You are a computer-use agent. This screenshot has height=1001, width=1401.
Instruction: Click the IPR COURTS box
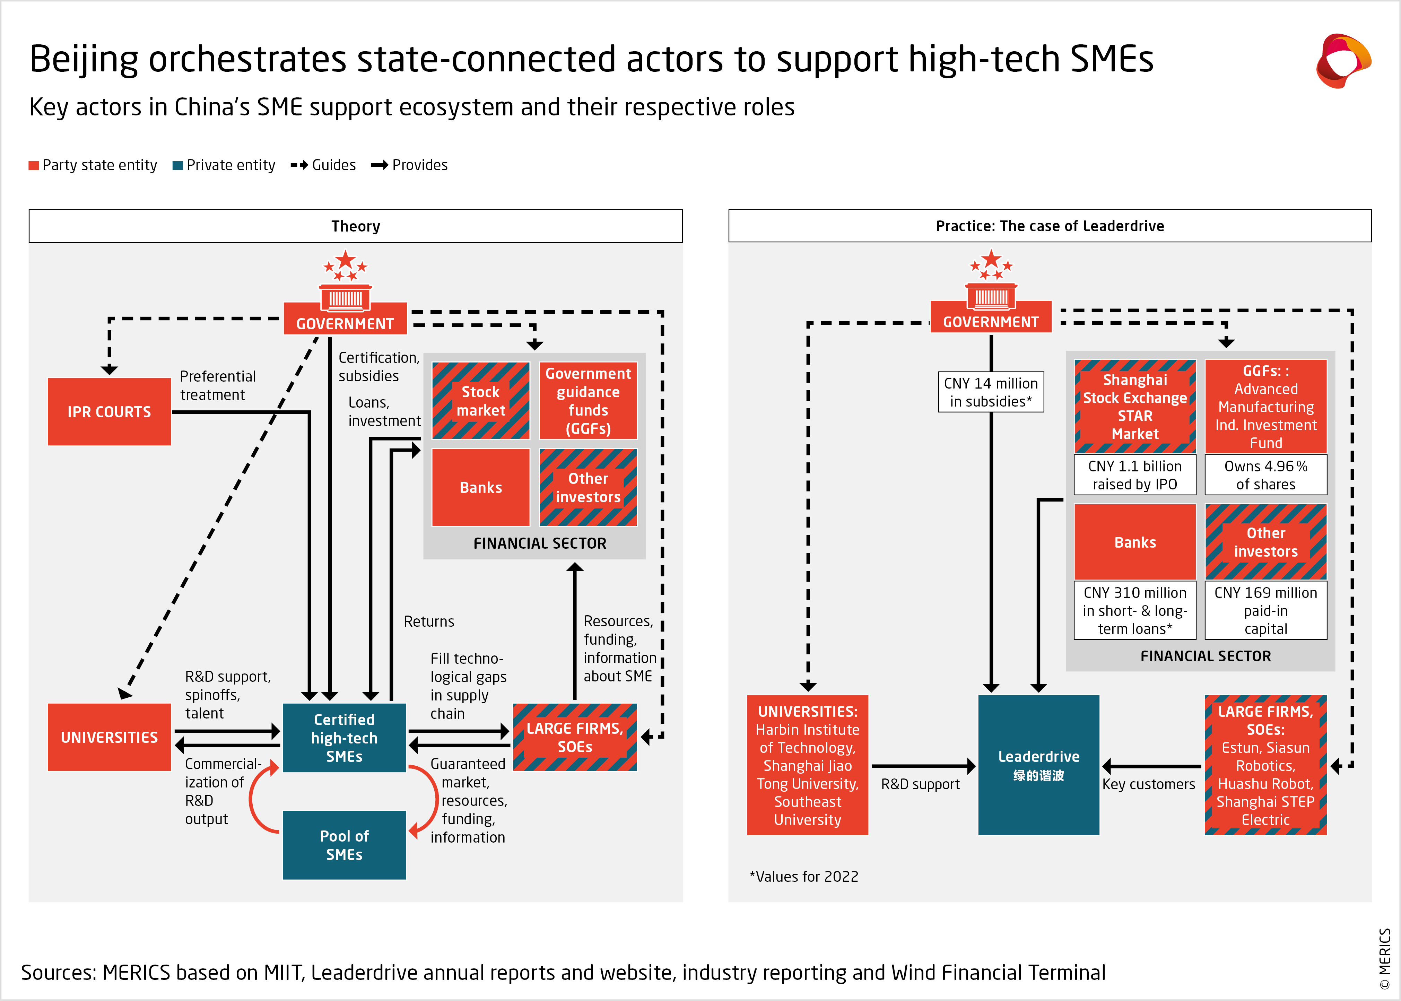pos(109,412)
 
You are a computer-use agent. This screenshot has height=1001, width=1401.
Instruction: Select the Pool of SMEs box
pos(344,845)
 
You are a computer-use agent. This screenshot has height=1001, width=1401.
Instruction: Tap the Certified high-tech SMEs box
pos(344,738)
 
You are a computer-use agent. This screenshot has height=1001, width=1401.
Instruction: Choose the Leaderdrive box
pos(1038,765)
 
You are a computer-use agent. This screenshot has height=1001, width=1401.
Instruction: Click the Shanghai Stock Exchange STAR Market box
pos(1135,407)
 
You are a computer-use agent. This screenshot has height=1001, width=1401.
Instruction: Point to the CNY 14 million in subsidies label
pos(991,392)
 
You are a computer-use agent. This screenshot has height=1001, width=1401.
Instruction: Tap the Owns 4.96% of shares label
pos(1265,475)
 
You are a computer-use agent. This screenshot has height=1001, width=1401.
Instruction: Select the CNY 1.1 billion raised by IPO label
pos(1135,475)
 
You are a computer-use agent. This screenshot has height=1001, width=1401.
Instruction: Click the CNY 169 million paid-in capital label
pos(1265,610)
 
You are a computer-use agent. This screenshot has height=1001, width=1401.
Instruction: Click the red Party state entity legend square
pos(34,165)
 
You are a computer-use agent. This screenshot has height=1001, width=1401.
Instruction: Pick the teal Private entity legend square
pos(177,165)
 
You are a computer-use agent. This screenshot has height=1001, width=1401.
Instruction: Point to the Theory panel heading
pos(356,226)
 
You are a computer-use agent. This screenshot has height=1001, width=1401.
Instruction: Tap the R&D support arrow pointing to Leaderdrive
pos(923,766)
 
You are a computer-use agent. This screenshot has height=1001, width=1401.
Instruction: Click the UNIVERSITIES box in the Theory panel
pos(109,737)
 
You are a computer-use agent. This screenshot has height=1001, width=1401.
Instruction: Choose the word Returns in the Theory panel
pos(429,621)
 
